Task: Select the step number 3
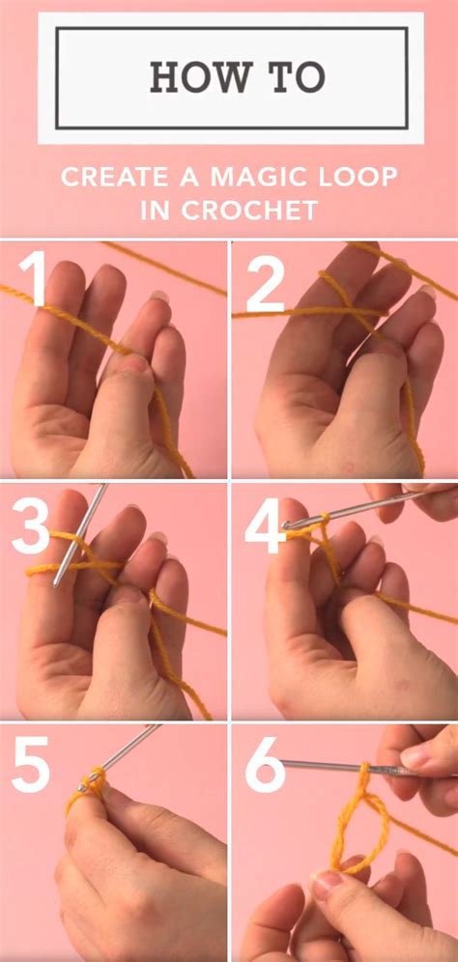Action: point(32,528)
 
